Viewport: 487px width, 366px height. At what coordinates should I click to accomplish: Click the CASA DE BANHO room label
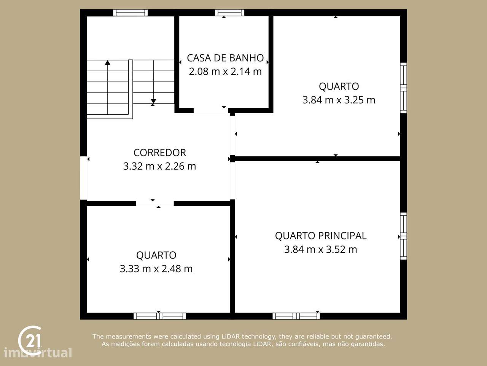[225, 58]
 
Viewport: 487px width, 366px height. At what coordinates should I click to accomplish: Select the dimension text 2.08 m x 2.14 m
[225, 71]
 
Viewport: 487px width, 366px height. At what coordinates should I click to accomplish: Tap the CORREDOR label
[159, 152]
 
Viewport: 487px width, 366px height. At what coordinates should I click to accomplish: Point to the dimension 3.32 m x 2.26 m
[159, 166]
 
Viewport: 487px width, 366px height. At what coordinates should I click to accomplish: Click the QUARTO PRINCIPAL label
[321, 236]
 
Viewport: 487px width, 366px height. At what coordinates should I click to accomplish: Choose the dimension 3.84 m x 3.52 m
[321, 249]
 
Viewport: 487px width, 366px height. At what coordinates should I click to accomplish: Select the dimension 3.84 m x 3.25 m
[339, 100]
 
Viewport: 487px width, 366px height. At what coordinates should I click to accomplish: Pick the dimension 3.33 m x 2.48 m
[156, 269]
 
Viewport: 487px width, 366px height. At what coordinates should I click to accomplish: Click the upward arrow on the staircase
[108, 62]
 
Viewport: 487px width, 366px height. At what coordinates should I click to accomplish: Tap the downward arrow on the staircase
[153, 102]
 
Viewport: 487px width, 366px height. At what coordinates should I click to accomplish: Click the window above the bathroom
[229, 13]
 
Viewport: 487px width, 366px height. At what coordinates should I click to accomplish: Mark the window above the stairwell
[131, 13]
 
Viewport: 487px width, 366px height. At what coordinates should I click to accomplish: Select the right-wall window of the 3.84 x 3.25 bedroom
[403, 88]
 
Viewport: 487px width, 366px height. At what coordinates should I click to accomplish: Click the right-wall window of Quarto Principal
[403, 236]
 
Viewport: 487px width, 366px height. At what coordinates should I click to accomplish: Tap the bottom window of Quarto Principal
[296, 316]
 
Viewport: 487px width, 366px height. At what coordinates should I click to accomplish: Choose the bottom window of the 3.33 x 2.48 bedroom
[160, 316]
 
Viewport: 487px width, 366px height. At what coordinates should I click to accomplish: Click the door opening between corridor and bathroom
[211, 111]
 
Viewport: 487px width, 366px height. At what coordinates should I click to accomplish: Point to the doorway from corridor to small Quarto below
[155, 204]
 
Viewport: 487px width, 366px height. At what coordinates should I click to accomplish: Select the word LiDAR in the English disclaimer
[231, 336]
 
